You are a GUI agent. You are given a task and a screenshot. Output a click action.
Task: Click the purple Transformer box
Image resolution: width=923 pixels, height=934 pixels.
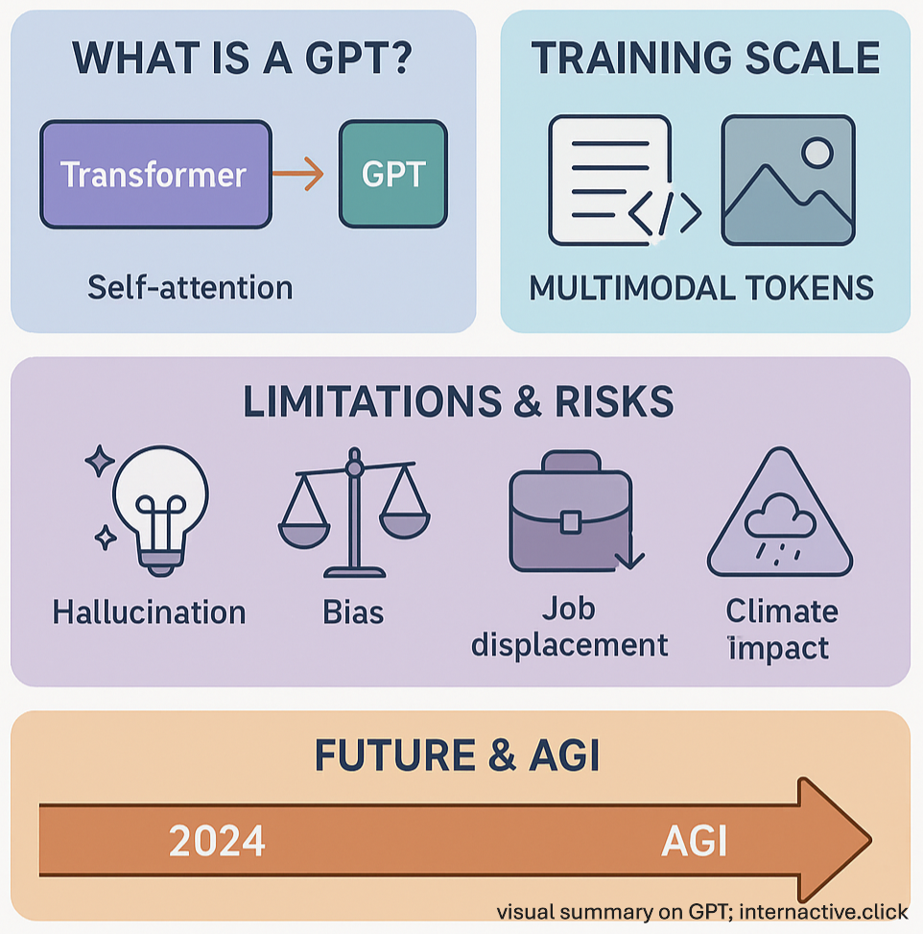point(156,175)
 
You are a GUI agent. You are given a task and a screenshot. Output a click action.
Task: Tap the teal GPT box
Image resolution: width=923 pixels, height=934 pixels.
point(393,174)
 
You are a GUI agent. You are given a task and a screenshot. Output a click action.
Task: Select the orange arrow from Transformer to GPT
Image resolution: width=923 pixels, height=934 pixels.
point(297,174)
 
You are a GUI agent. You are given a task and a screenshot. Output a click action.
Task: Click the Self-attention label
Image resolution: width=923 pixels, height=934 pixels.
point(190,287)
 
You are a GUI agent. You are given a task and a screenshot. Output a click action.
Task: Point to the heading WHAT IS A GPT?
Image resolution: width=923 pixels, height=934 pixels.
point(242,59)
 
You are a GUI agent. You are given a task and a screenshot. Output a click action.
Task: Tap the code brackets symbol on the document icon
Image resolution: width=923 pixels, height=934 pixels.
point(665,213)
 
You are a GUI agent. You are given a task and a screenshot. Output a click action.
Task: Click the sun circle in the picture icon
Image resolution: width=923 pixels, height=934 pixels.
point(817,153)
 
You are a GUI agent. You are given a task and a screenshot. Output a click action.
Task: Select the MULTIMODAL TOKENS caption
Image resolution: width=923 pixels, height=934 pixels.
point(701,288)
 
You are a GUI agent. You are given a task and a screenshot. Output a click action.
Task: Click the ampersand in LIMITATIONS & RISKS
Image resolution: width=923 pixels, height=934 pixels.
point(528,401)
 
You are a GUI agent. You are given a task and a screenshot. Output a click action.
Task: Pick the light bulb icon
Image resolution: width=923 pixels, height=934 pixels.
point(152,510)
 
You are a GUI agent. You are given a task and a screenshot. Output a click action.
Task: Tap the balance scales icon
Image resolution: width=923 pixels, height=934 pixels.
point(354,513)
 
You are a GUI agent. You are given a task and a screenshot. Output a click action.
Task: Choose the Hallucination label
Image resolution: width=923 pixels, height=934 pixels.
point(149,611)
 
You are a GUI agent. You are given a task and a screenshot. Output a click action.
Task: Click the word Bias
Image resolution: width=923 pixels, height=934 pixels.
point(353,611)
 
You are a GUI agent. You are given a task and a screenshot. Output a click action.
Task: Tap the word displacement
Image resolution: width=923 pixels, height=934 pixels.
point(569,645)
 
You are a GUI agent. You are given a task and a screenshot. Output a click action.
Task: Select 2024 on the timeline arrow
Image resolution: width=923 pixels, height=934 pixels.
point(217,841)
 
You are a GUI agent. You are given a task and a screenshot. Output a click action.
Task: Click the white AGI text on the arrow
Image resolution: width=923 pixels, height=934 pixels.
point(695,841)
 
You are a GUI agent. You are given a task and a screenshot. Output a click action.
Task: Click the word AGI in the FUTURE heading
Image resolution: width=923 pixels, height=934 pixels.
point(564,755)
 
